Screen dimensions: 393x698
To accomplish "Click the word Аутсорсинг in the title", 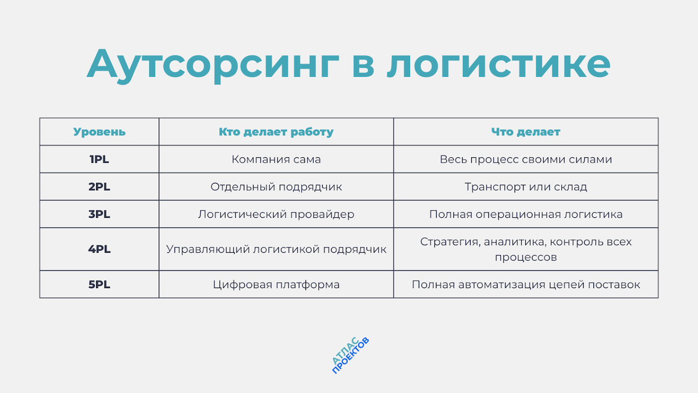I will pyautogui.click(x=213, y=64).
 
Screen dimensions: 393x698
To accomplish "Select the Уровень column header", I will pyautogui.click(x=99, y=132).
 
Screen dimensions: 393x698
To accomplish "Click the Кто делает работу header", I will pyautogui.click(x=276, y=132).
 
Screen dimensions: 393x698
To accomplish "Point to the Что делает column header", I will pyautogui.click(x=526, y=132).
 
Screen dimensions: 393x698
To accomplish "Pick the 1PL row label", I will pyautogui.click(x=99, y=159).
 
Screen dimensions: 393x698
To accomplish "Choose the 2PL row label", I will pyautogui.click(x=99, y=187).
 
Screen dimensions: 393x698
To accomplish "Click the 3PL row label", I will pyautogui.click(x=99, y=214).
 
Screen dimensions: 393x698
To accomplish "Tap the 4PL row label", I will pyautogui.click(x=99, y=249).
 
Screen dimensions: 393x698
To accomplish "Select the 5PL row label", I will pyautogui.click(x=99, y=285).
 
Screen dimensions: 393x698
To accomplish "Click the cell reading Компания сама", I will pyautogui.click(x=276, y=159).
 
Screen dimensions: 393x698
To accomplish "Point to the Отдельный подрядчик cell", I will pyautogui.click(x=276, y=187).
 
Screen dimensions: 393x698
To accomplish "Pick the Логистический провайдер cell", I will pyautogui.click(x=276, y=214).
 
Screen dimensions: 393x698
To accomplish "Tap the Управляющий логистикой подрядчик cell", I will pyautogui.click(x=276, y=249).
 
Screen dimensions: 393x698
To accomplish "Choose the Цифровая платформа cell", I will pyautogui.click(x=276, y=285).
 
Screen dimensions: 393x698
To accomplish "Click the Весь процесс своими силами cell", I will pyautogui.click(x=526, y=159).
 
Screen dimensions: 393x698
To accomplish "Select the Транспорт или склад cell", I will pyautogui.click(x=526, y=187).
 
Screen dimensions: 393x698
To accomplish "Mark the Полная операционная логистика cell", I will pyautogui.click(x=526, y=214).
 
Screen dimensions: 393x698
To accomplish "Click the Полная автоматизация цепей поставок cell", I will pyautogui.click(x=526, y=285).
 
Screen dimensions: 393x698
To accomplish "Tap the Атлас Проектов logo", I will pyautogui.click(x=350, y=355).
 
